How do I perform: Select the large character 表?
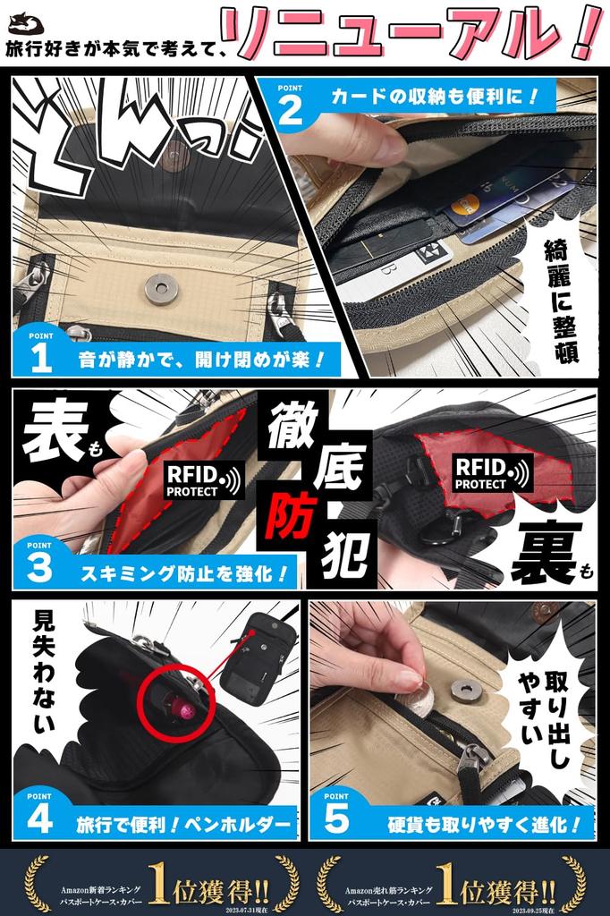tap(54, 436)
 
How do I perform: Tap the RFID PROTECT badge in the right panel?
tap(492, 472)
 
